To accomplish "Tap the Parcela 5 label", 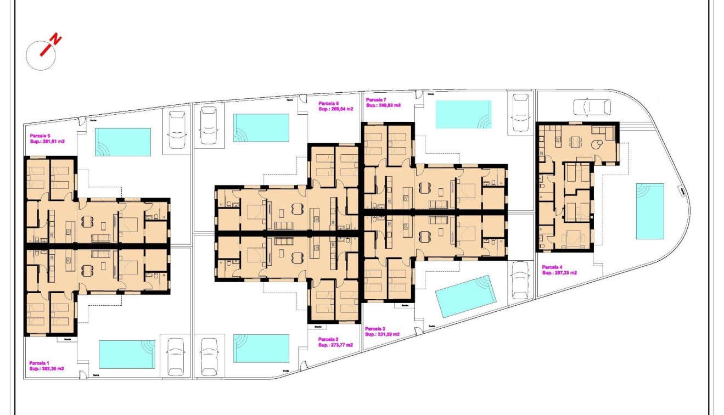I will click(40, 136).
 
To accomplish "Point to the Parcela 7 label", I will click(376, 99).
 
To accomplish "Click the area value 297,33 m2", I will click(559, 272).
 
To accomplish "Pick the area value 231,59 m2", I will click(382, 334).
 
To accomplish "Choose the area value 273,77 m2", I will click(335, 345).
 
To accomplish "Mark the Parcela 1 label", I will click(40, 363).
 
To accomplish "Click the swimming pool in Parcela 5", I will click(123, 142).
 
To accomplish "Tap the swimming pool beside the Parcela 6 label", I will click(261, 127).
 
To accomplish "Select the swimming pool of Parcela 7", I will click(463, 114).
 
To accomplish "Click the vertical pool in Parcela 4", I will click(650, 211).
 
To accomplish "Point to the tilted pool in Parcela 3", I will click(465, 296).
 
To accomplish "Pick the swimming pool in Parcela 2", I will click(261, 348).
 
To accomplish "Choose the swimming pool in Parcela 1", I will click(127, 354).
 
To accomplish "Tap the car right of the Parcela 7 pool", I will click(520, 113).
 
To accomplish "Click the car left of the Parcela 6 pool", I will click(209, 125).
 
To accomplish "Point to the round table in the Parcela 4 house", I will click(597, 144).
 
